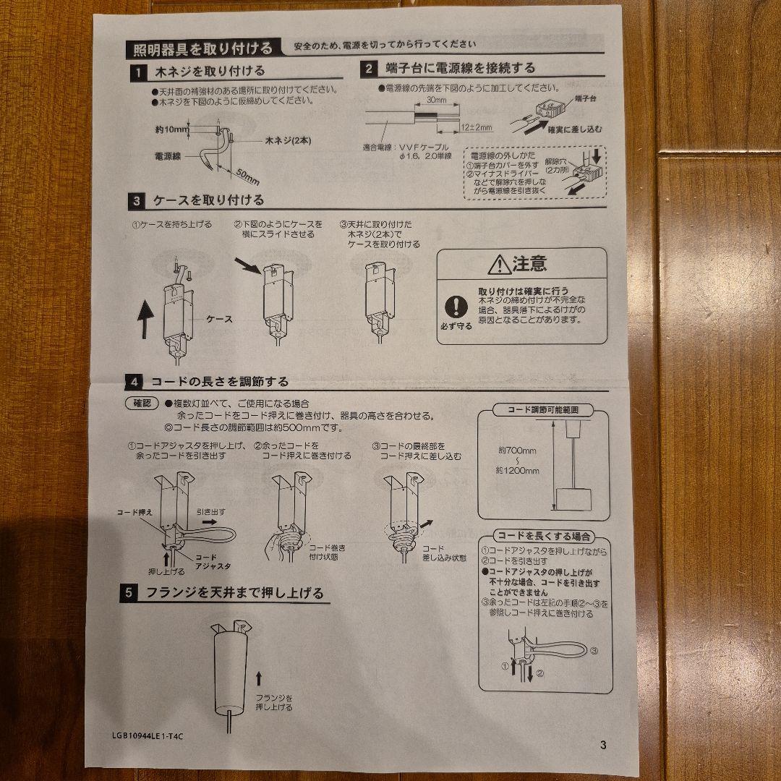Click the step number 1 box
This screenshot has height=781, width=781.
pyautogui.click(x=135, y=72)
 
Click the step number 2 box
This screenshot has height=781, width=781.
pyautogui.click(x=369, y=69)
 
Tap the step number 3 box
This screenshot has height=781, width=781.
pyautogui.click(x=136, y=200)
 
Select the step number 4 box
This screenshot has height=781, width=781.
pyautogui.click(x=134, y=382)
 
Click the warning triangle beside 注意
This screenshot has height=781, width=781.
pyautogui.click(x=499, y=265)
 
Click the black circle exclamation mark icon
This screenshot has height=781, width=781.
pyautogui.click(x=456, y=306)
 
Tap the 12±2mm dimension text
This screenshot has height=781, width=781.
pyautogui.click(x=476, y=128)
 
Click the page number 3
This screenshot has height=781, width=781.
pyautogui.click(x=603, y=746)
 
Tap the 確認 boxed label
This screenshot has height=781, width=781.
pyautogui.click(x=141, y=404)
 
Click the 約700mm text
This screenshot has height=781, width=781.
pyautogui.click(x=517, y=451)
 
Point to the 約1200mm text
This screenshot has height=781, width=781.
pyautogui.click(x=518, y=471)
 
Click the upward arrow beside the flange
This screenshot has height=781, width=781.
pyautogui.click(x=259, y=678)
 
